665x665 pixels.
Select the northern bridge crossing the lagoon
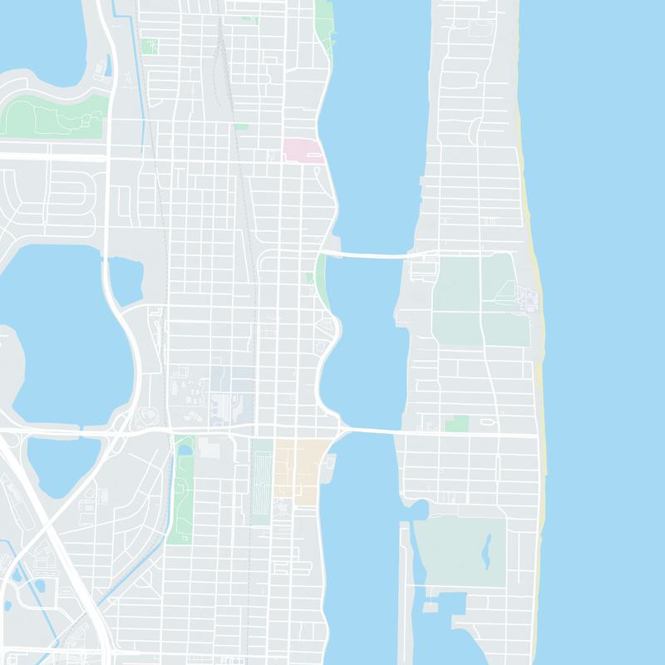point(366,254)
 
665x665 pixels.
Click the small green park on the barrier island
point(456,424)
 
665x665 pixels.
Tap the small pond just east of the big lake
point(126,280)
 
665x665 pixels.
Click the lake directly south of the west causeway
point(62,465)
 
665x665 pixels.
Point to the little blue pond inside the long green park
point(185,450)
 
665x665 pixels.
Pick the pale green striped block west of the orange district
point(262,482)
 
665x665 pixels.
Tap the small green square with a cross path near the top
point(150,47)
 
